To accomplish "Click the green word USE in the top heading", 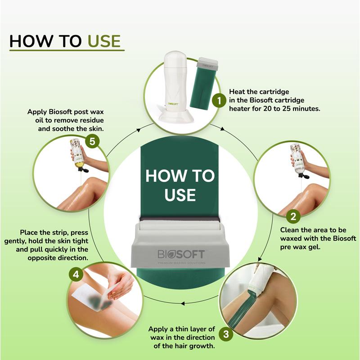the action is click(x=104, y=41).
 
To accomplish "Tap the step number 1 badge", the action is click(x=219, y=100).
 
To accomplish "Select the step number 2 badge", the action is click(x=293, y=216).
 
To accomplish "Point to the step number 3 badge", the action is click(x=226, y=334).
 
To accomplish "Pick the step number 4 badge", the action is click(x=76, y=274).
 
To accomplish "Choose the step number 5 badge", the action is click(x=92, y=141).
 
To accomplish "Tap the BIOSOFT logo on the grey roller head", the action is click(x=181, y=254).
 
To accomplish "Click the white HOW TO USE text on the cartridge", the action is click(x=180, y=185).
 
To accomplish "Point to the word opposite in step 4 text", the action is click(x=41, y=258).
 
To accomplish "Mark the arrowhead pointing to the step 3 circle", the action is click(x=260, y=259).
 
